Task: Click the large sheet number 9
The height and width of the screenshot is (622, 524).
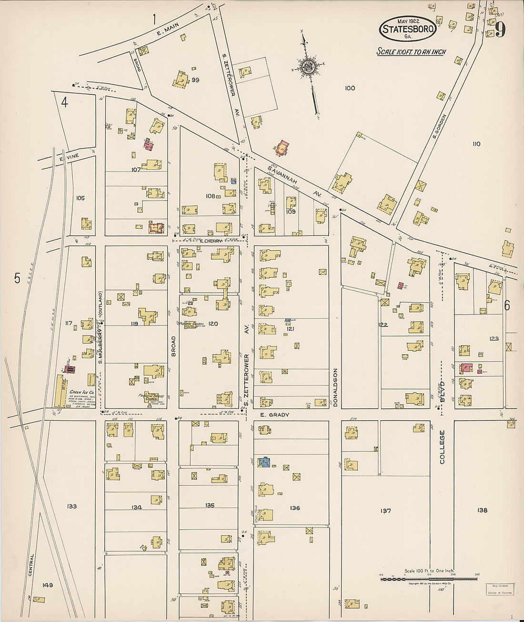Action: pos(500,30)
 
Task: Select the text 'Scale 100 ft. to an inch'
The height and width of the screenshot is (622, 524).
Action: pos(411,51)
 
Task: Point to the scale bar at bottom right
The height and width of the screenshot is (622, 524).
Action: pos(429,579)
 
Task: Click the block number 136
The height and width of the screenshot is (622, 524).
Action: pos(295,508)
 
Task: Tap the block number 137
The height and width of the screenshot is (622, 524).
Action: pos(385,511)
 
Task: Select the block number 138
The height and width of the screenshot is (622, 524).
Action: pos(482,510)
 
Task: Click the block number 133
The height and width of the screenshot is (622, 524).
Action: pos(72,507)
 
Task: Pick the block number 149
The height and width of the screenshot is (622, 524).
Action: pos(47,585)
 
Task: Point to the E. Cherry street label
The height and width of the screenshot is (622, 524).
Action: pos(212,241)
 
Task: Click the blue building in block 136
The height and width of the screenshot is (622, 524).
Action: pos(264,461)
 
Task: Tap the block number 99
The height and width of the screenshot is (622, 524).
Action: pos(195,80)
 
